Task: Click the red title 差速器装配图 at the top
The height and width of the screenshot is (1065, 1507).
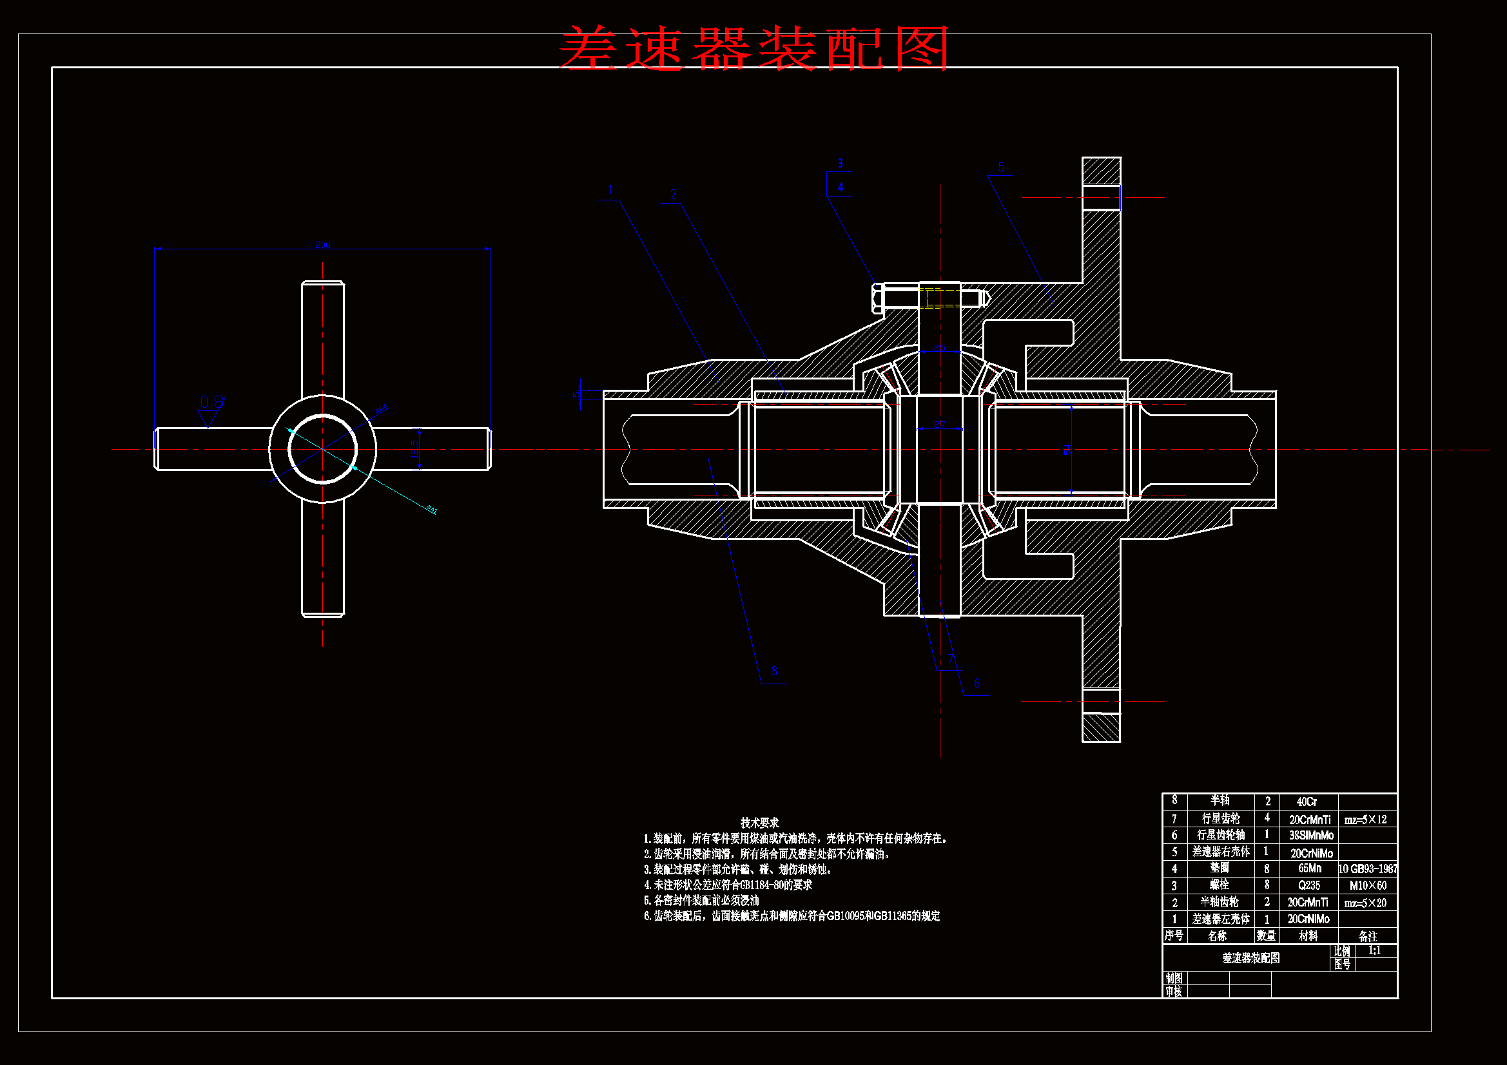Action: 753,48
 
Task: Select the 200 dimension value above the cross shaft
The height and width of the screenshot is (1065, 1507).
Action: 323,245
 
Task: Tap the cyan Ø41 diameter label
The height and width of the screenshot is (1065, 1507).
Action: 431,509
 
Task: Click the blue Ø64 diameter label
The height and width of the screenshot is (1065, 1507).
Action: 382,410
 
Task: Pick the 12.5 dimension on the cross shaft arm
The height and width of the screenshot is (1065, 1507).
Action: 414,449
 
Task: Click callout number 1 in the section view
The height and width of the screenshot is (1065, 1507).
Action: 610,190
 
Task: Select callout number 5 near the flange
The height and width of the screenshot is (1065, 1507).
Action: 1001,167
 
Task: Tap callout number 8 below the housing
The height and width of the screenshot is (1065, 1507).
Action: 775,671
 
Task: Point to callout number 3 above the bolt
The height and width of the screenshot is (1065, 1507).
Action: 840,163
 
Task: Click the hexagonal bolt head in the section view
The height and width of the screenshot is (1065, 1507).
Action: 879,297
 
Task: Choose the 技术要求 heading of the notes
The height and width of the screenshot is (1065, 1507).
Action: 759,822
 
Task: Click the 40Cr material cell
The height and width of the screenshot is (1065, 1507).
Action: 1307,802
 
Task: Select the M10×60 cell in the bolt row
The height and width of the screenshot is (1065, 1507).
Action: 1368,885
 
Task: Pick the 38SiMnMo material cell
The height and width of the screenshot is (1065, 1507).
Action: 1311,836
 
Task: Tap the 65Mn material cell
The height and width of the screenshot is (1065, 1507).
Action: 1309,868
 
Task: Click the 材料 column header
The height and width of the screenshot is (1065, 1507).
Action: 1308,935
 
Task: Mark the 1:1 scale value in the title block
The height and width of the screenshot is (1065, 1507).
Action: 1374,950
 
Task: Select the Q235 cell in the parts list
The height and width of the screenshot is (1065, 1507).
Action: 1308,885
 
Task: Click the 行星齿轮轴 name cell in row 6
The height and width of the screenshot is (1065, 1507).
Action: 1221,835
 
